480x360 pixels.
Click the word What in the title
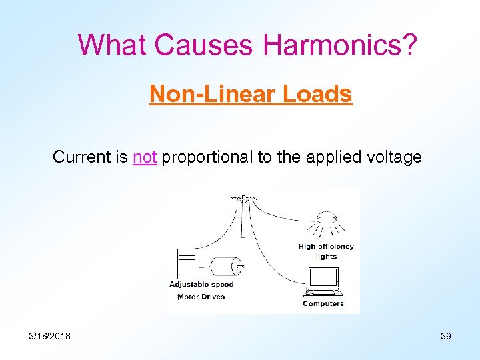pyautogui.click(x=113, y=45)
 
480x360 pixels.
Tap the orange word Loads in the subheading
pyautogui.click(x=317, y=95)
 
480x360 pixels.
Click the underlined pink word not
pyautogui.click(x=145, y=157)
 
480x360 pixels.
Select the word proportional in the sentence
pyautogui.click(x=205, y=157)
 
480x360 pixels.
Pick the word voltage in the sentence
pyautogui.click(x=396, y=157)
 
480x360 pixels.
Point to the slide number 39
pyautogui.click(x=446, y=336)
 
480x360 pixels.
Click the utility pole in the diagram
pyautogui.click(x=244, y=217)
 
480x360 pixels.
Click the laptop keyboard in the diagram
pyautogui.click(x=323, y=292)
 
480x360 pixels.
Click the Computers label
pyautogui.click(x=323, y=304)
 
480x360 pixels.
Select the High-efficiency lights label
pyautogui.click(x=326, y=251)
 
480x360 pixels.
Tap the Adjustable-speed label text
pyautogui.click(x=201, y=285)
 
